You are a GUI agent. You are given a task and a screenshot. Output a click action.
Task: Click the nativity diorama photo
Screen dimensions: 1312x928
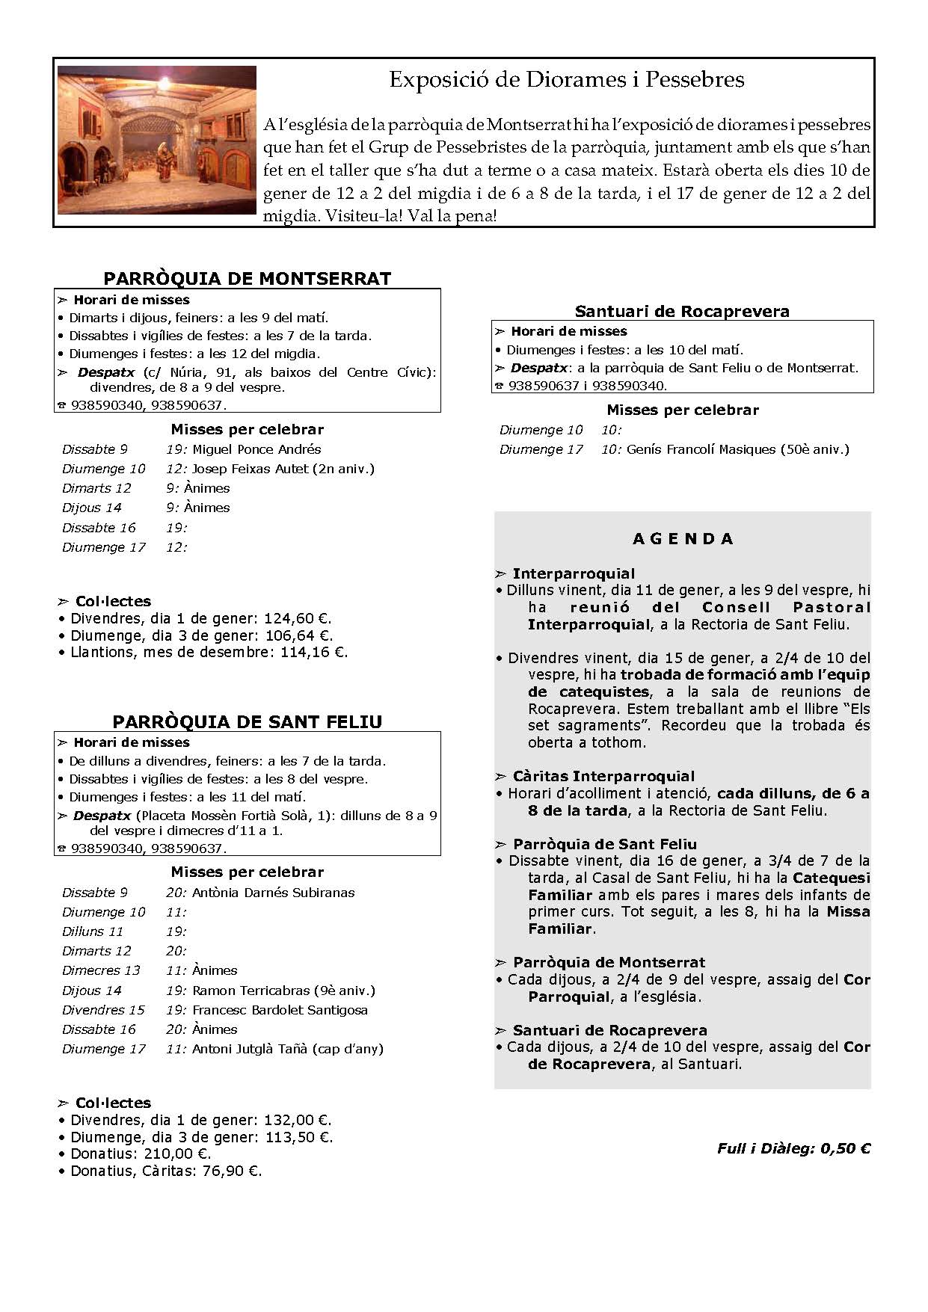tap(157, 141)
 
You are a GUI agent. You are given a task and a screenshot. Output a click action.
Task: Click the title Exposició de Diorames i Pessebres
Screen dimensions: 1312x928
tap(566, 80)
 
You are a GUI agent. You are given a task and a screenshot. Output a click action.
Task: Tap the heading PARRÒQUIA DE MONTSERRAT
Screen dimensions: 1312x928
tap(247, 279)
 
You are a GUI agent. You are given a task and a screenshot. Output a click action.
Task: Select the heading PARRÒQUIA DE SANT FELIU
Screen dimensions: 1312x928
tap(247, 721)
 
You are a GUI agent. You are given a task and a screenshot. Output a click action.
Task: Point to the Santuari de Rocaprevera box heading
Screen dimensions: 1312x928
tap(682, 312)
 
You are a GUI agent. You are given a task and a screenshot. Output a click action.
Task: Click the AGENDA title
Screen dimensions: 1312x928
tap(683, 539)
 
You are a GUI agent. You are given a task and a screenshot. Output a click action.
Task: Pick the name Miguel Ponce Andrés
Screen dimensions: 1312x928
tap(256, 449)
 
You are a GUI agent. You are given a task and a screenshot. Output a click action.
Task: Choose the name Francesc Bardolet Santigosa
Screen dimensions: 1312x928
tap(280, 1010)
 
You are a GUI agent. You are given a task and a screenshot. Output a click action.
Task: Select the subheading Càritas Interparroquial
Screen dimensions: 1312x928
tap(603, 777)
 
